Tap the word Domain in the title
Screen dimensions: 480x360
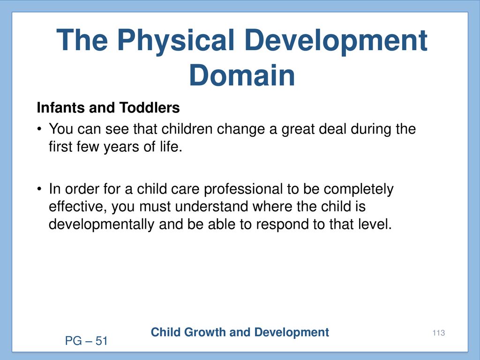[x=242, y=75]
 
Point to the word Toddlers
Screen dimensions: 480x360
[x=150, y=107]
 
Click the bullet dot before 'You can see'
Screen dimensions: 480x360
[x=39, y=129]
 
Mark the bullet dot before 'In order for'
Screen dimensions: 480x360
[x=39, y=189]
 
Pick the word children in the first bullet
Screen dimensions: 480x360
[x=187, y=128]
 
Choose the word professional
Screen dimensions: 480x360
[x=243, y=189]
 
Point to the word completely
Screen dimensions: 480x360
[x=359, y=189]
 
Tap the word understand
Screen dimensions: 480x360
[x=211, y=206]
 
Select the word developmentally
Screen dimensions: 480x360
[x=101, y=225]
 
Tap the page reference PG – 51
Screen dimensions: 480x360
[x=86, y=341]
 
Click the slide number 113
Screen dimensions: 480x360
[x=439, y=333]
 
